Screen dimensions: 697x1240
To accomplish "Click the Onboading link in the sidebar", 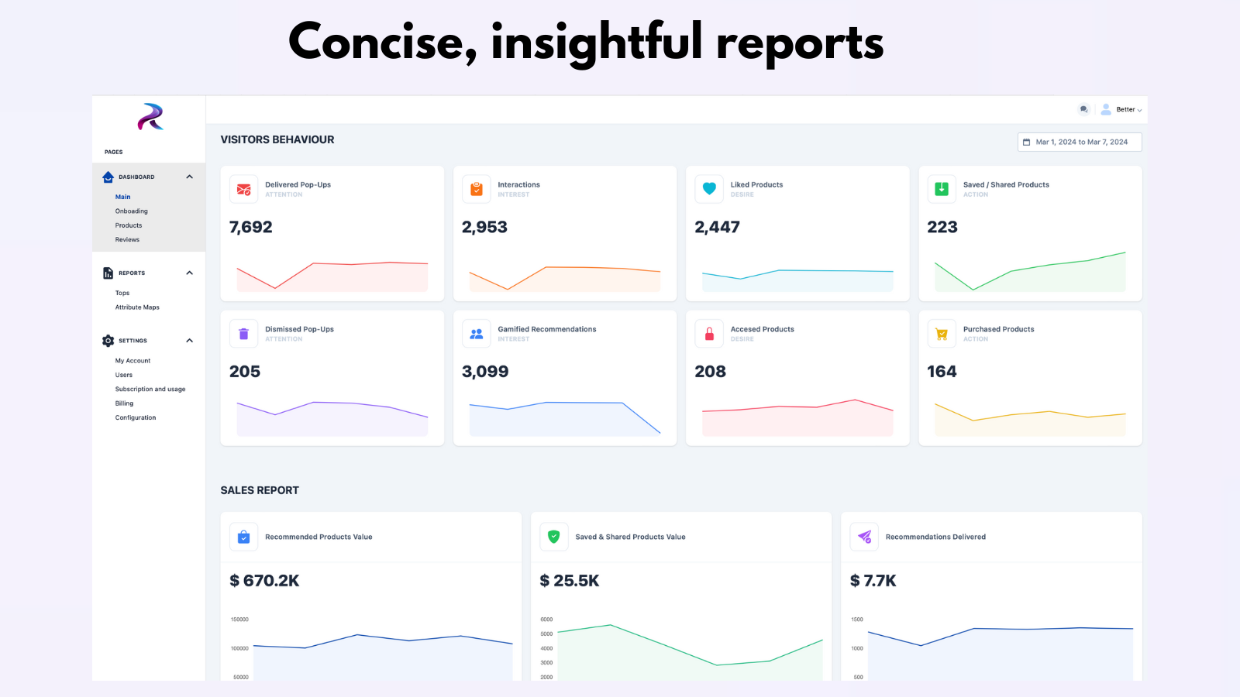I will (131, 211).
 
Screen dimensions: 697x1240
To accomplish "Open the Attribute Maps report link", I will (137, 307).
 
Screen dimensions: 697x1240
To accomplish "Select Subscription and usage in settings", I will (150, 390).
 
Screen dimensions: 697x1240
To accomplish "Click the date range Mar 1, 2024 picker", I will (1080, 142).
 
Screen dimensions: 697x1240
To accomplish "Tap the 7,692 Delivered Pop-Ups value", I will (251, 228).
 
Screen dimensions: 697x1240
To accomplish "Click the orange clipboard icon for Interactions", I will (477, 189).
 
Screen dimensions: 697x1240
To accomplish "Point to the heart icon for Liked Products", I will (709, 189).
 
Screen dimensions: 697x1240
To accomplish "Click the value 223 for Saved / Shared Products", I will (942, 228).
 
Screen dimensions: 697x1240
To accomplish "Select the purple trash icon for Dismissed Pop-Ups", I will (244, 334).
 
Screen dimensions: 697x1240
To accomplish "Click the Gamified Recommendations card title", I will (547, 330).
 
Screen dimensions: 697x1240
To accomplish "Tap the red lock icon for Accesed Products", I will (709, 334).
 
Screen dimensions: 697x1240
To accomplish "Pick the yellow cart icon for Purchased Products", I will (942, 334).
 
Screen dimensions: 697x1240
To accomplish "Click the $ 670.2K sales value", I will (264, 581).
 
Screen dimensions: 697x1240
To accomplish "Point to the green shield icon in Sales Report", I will (554, 537).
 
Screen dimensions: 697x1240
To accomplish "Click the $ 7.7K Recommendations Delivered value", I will (873, 581).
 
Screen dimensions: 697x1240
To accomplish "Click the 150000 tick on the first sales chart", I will (239, 620).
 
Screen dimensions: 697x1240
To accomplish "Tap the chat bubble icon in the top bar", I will (1083, 109).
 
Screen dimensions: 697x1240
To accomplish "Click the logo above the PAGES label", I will (150, 117).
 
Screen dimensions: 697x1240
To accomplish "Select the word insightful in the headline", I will (597, 43).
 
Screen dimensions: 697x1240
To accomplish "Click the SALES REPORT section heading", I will (260, 490).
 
